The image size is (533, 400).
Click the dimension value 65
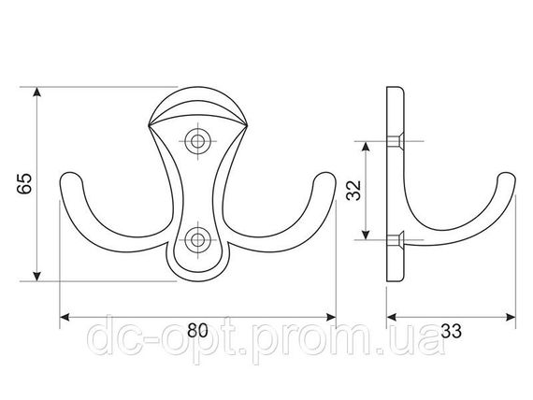(24, 183)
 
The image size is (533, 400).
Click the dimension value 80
(197, 330)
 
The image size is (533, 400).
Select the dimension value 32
(353, 191)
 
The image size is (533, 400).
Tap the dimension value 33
(451, 330)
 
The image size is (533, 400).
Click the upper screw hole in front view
(197, 141)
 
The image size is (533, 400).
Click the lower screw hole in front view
(197, 239)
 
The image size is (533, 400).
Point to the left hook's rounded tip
(71, 179)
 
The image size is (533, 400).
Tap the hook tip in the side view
(507, 179)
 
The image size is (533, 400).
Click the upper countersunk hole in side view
(396, 141)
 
